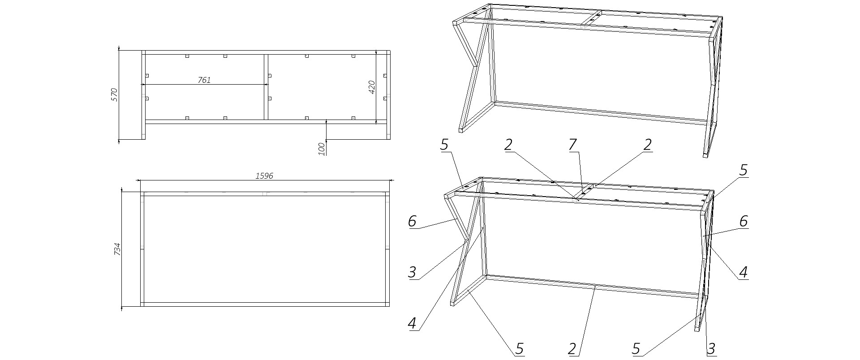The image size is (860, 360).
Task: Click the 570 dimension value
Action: coord(114,95)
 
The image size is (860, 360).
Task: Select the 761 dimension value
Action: coord(204,80)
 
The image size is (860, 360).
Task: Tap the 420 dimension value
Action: coord(372,87)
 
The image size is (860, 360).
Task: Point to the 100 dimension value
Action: coord(322,148)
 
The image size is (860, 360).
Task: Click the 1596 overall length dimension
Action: coord(264,176)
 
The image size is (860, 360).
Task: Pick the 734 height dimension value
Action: coord(117,249)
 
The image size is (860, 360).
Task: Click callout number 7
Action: coord(573,145)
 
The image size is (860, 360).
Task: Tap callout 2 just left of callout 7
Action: coord(508,145)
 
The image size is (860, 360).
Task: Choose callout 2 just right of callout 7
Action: coord(647,145)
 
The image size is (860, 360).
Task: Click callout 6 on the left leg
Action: coord(413,221)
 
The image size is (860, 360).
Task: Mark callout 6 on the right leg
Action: coord(744,221)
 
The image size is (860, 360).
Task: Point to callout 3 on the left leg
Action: coord(413,272)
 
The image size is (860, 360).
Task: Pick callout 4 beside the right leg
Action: coord(744,272)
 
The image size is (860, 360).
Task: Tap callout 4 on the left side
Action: coord(413,323)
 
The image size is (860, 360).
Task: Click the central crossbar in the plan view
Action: coord(266,87)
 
